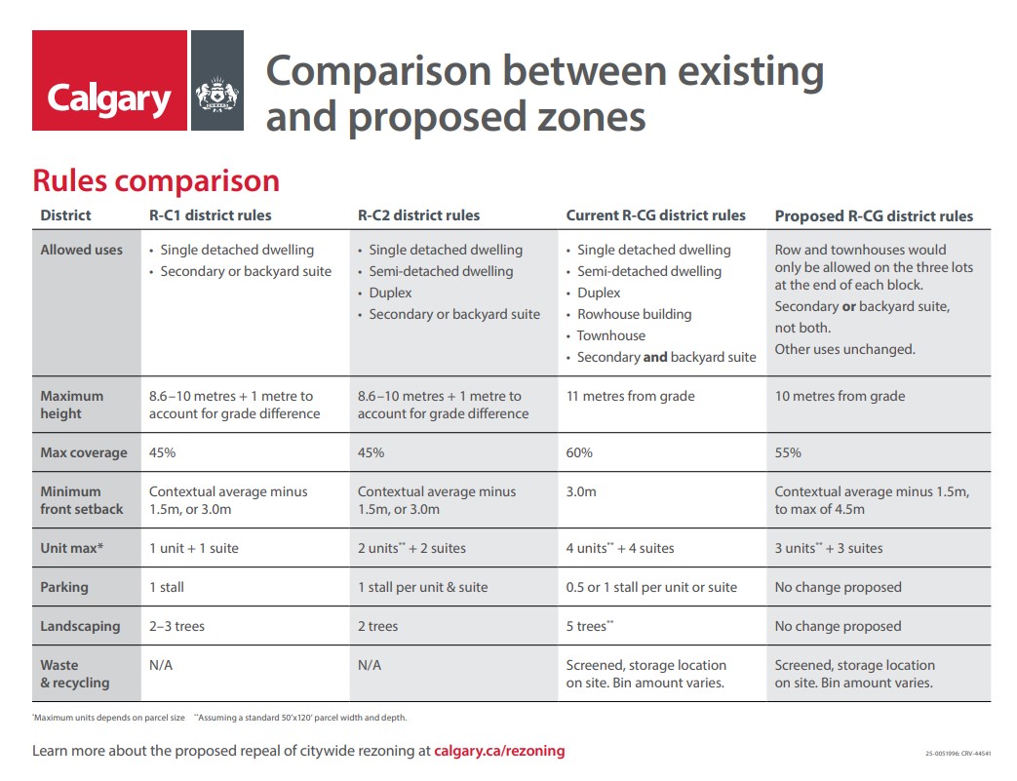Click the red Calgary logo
[109, 80]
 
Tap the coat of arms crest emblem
[217, 96]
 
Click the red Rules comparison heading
[156, 181]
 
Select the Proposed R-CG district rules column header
[874, 215]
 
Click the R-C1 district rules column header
[210, 215]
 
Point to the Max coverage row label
[84, 452]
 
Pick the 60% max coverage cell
[579, 452]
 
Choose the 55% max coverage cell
[788, 452]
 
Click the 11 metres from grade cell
[630, 396]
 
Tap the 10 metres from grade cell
[840, 396]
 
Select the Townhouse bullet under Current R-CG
[610, 335]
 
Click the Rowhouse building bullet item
[634, 314]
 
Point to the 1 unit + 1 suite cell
[193, 548]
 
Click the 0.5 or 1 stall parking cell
[651, 587]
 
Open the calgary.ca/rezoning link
[499, 751]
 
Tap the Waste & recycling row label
[75, 674]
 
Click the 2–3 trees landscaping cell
[176, 626]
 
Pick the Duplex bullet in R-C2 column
[390, 293]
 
